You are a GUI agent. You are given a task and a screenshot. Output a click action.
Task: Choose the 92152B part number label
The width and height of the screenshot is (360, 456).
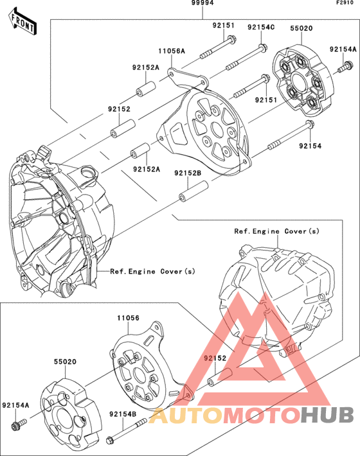pyautogui.click(x=188, y=173)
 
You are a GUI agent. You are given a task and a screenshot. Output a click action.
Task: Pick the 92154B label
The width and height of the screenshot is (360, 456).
pyautogui.click(x=122, y=414)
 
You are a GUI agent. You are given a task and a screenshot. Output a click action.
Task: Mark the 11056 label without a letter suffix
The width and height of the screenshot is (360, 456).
pyautogui.click(x=129, y=318)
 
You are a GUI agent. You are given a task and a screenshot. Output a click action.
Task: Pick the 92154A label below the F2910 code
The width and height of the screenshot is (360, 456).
pyautogui.click(x=343, y=49)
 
